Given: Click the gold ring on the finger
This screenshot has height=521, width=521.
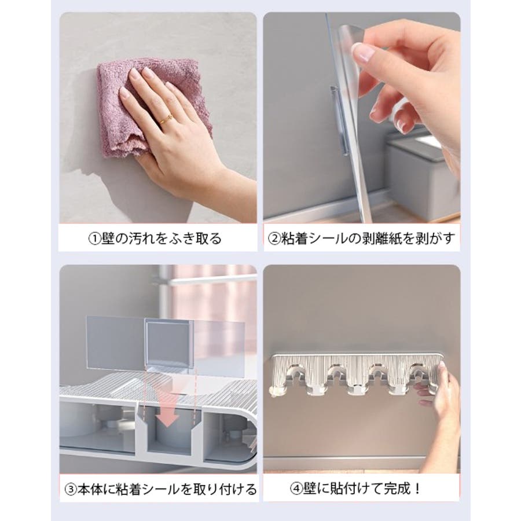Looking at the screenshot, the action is (x=165, y=119).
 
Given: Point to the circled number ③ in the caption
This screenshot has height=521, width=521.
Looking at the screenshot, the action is (x=71, y=490).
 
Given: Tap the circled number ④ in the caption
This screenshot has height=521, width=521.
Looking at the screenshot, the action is (x=296, y=489).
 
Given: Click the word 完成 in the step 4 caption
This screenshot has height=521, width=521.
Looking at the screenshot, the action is (x=397, y=489).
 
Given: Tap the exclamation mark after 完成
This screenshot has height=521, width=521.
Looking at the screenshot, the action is (x=417, y=489).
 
